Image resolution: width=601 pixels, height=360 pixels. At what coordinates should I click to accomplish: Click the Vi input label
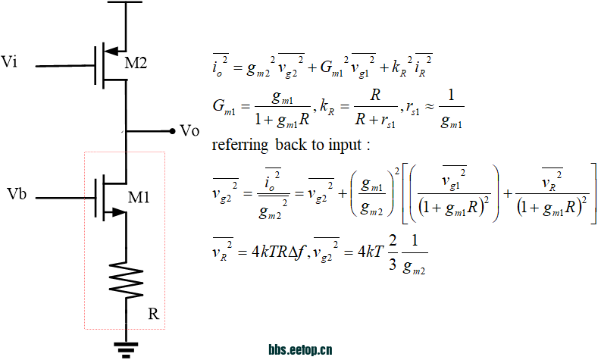(11, 61)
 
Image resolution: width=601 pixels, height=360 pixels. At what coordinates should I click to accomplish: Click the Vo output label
(189, 130)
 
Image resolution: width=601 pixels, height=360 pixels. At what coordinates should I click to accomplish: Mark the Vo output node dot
(172, 130)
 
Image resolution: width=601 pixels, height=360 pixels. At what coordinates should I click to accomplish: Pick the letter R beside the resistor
(152, 313)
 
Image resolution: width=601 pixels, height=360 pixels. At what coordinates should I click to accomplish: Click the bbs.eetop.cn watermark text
(301, 350)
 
